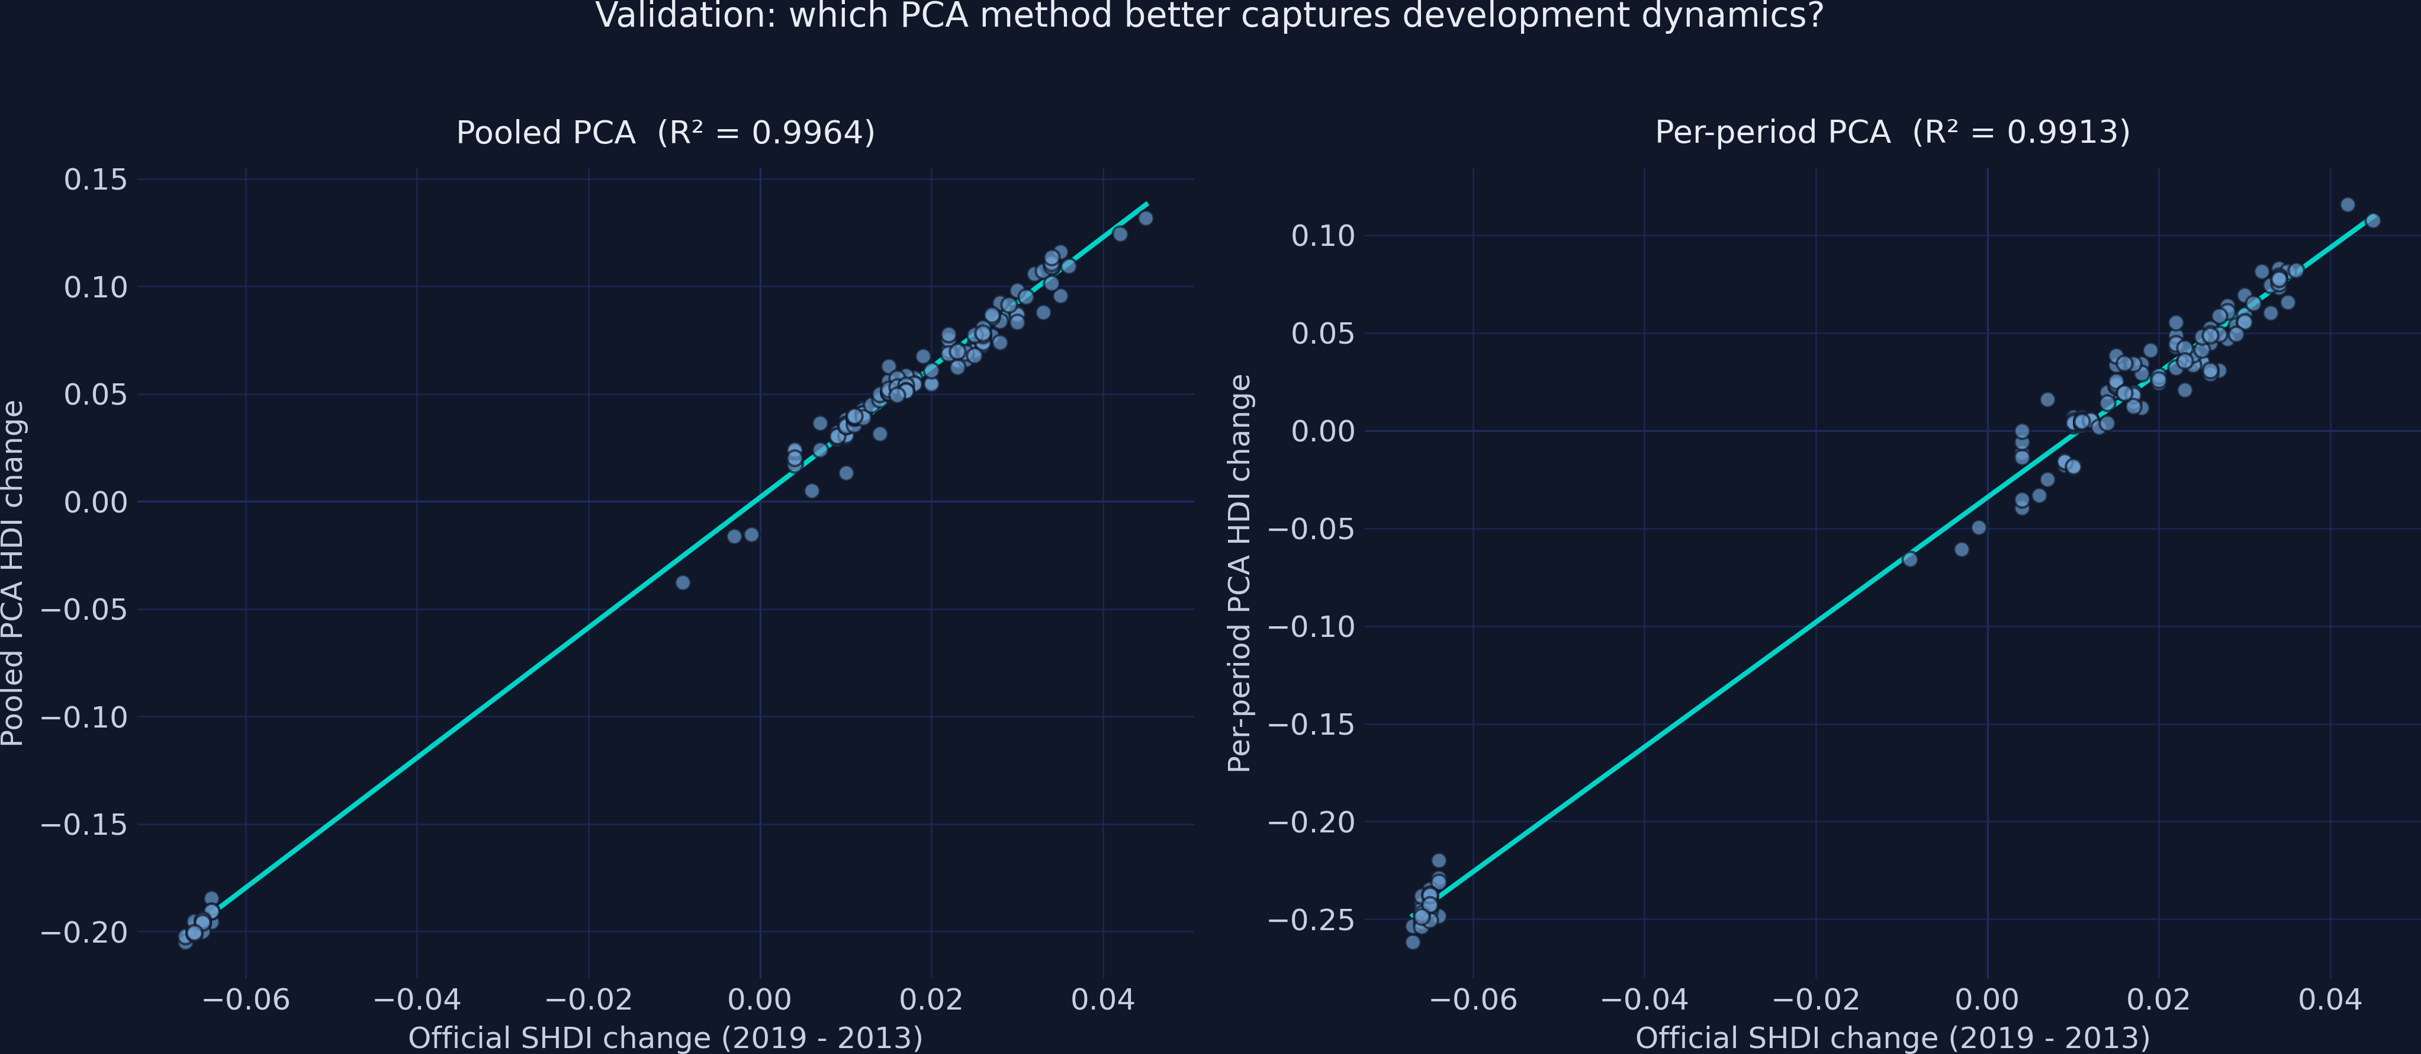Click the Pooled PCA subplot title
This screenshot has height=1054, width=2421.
[665, 133]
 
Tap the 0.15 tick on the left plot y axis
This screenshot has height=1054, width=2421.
[95, 180]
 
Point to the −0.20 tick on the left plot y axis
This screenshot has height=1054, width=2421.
[83, 933]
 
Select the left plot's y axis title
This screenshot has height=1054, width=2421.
[13, 574]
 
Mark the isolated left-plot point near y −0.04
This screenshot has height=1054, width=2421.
[683, 583]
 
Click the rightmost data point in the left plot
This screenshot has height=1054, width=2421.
[1146, 218]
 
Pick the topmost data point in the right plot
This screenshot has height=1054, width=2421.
[2348, 205]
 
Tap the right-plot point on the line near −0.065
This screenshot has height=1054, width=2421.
[1909, 559]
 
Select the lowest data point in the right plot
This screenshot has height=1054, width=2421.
[1413, 941]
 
